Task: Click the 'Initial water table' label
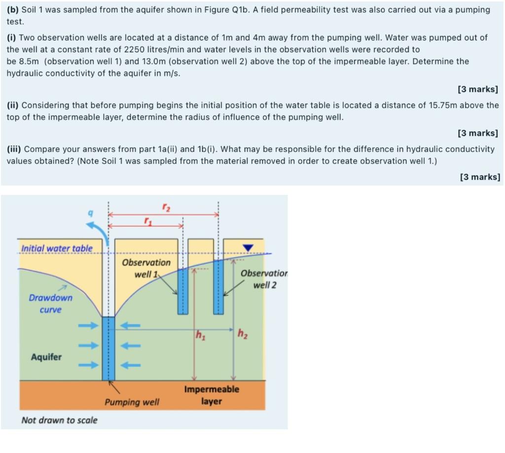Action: click(x=57, y=248)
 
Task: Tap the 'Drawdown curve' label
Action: click(x=50, y=303)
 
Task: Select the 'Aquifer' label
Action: click(x=46, y=357)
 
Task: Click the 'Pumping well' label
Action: click(x=132, y=402)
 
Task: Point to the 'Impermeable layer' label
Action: click(x=212, y=395)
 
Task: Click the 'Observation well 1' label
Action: click(x=146, y=268)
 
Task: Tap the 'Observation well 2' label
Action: click(x=264, y=279)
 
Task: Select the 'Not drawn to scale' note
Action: click(x=59, y=420)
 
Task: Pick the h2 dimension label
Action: click(x=242, y=334)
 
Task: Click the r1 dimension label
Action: click(x=147, y=221)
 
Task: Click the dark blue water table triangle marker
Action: click(x=248, y=247)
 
